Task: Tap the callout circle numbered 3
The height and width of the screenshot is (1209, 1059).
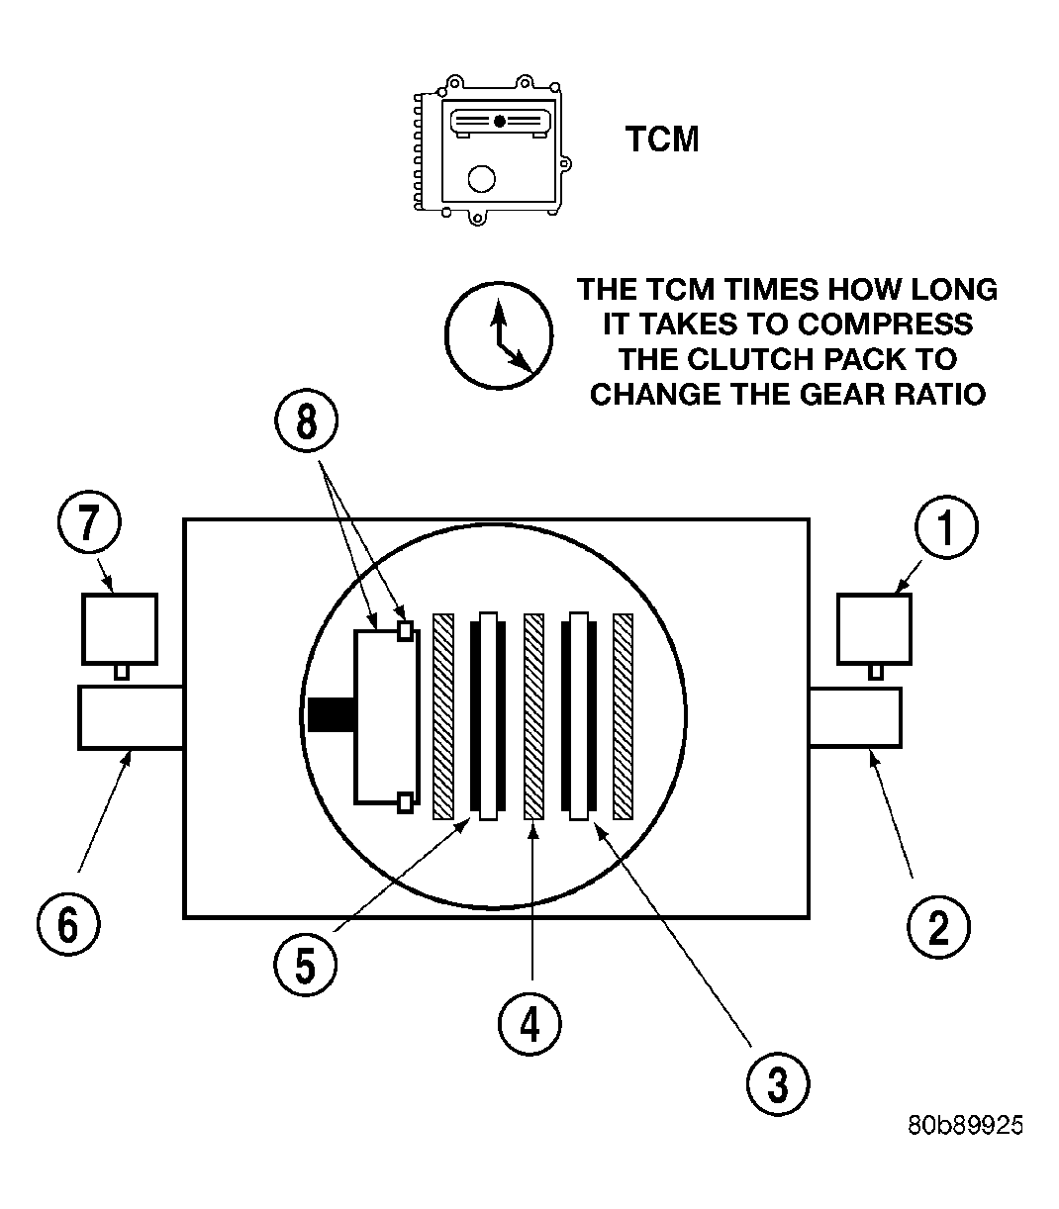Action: pyautogui.click(x=779, y=1083)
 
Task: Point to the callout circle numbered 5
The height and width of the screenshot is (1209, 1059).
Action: pyautogui.click(x=305, y=965)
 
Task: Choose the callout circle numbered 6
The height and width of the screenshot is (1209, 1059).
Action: pyautogui.click(x=67, y=924)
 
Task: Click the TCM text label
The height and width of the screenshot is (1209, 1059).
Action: pyautogui.click(x=662, y=139)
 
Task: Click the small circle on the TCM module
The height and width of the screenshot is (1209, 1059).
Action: pyautogui.click(x=481, y=178)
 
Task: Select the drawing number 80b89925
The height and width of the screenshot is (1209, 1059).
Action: pyautogui.click(x=965, y=1126)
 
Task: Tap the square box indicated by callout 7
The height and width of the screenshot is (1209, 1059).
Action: pyautogui.click(x=120, y=628)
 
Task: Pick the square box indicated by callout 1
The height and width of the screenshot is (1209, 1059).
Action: pyautogui.click(x=875, y=628)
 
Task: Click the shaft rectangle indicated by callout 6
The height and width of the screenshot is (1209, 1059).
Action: pyautogui.click(x=130, y=717)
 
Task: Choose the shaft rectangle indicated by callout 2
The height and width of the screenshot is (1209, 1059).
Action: pyautogui.click(x=855, y=717)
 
